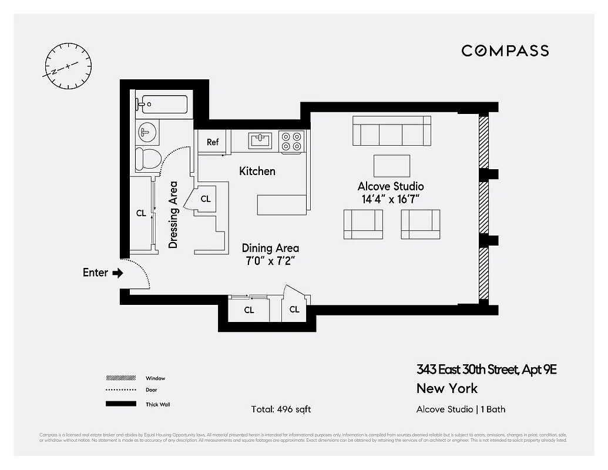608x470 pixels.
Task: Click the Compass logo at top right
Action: point(505,51)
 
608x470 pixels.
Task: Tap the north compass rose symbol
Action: point(68,66)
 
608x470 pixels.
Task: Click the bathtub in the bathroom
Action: point(162,105)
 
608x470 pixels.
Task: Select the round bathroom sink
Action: point(147,132)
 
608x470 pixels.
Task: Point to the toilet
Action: point(148,159)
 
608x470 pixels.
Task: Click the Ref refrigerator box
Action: point(213,142)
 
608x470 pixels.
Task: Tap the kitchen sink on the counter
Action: point(260,140)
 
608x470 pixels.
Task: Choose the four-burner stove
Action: point(291,141)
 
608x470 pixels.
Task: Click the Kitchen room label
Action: point(257,171)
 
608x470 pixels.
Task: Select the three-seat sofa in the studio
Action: point(391,130)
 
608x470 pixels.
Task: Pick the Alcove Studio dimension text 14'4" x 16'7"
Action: point(391,199)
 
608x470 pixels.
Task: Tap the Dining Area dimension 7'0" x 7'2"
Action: point(270,261)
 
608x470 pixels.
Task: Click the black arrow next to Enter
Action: point(117,273)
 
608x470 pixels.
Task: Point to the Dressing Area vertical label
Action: point(173,214)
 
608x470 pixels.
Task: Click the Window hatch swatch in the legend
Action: point(120,378)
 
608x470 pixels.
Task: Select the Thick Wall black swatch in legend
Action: point(120,404)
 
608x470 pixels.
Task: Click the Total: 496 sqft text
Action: point(281,409)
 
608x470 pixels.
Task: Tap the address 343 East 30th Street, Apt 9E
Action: point(486,370)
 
